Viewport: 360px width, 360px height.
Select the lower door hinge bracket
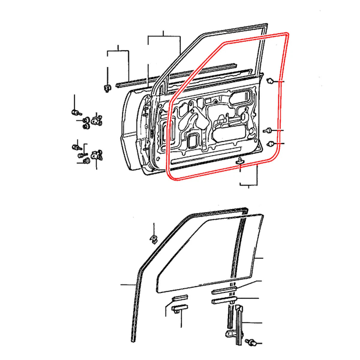coord(96,155)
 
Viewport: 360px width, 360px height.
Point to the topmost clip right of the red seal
coord(270,81)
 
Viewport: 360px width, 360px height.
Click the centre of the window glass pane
coord(210,255)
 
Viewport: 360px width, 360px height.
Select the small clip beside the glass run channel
coord(154,238)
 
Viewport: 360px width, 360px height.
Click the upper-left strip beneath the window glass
coord(180,298)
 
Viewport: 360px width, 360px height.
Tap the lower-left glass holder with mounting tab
coord(179,309)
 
